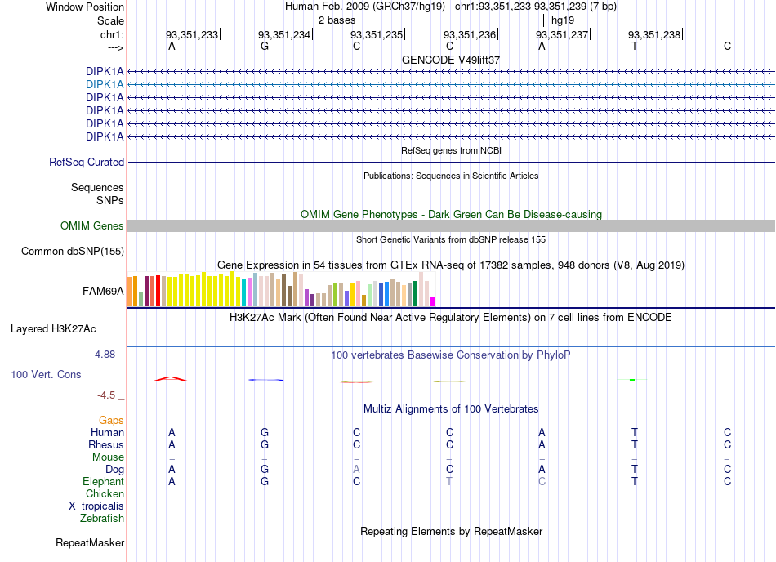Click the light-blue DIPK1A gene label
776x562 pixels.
[105, 85]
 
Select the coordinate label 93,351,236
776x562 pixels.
[469, 34]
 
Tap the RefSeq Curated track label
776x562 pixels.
[87, 163]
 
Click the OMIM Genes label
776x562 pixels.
[91, 226]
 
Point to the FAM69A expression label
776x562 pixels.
[103, 292]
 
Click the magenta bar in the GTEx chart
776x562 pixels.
[433, 301]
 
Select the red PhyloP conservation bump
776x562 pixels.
[170, 379]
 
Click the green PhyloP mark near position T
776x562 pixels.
[632, 380]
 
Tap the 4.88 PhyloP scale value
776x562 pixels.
[105, 355]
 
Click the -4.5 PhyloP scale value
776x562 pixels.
[106, 395]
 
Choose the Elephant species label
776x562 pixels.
[104, 481]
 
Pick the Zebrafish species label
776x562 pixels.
[102, 519]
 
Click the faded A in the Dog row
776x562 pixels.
[356, 469]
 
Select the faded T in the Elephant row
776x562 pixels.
[449, 481]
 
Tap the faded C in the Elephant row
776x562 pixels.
[542, 481]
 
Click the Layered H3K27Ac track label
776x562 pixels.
[53, 329]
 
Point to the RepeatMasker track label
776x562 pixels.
[90, 543]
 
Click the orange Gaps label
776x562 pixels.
[111, 421]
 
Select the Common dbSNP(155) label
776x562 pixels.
[73, 252]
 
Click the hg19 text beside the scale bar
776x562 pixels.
[563, 20]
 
